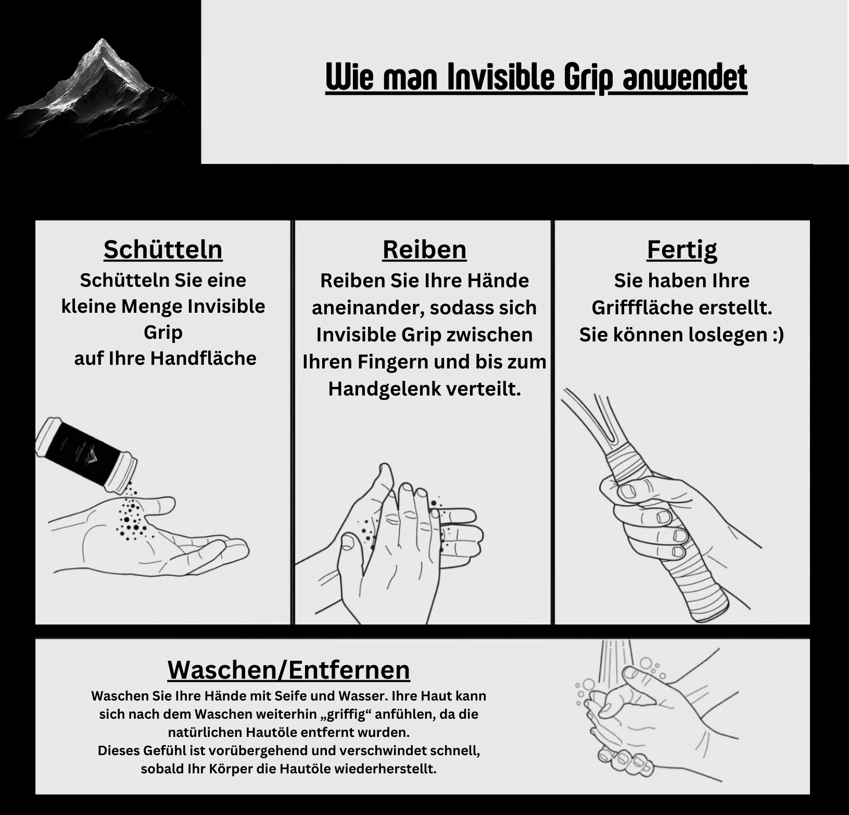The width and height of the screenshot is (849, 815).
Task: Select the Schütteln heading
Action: pos(163,249)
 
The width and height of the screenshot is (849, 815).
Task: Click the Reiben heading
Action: pos(424,249)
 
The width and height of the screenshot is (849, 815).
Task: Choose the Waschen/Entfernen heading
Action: pos(289,670)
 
